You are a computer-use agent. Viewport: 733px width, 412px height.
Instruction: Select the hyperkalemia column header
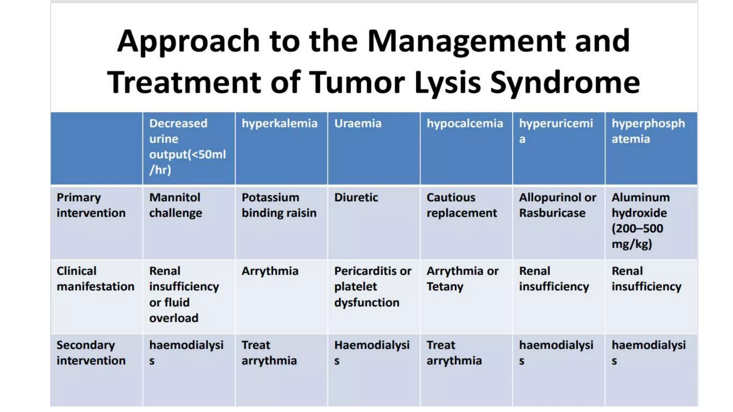pyautogui.click(x=279, y=124)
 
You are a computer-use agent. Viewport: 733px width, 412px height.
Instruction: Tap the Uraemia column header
pyautogui.click(x=358, y=124)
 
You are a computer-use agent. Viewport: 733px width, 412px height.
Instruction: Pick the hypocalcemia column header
pyautogui.click(x=465, y=124)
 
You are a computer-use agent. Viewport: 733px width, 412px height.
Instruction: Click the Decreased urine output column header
pyautogui.click(x=187, y=147)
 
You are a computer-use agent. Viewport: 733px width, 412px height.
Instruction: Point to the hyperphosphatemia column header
pyautogui.click(x=648, y=131)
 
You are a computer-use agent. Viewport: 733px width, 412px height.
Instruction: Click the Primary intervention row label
pyautogui.click(x=91, y=205)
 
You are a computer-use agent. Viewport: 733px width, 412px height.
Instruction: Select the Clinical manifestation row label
pyautogui.click(x=95, y=279)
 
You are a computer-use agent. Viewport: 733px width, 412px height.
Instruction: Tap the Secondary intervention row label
pyautogui.click(x=91, y=353)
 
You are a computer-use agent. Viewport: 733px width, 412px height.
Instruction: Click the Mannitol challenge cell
pyautogui.click(x=175, y=205)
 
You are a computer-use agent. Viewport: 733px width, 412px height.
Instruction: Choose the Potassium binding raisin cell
pyautogui.click(x=279, y=205)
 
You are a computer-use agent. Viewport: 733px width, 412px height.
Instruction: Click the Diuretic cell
pyautogui.click(x=356, y=197)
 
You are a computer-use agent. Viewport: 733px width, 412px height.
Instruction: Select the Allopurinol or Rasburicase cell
pyautogui.click(x=557, y=205)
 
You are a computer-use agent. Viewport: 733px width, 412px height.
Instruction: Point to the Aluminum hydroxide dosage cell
pyautogui.click(x=640, y=221)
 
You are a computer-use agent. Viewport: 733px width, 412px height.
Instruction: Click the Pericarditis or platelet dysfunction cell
pyautogui.click(x=372, y=286)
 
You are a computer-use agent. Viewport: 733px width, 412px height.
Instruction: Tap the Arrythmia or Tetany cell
pyautogui.click(x=462, y=279)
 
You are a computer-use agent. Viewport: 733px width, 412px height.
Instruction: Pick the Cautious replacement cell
pyautogui.click(x=461, y=205)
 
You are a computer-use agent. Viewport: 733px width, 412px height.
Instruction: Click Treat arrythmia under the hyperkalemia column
pyautogui.click(x=269, y=353)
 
